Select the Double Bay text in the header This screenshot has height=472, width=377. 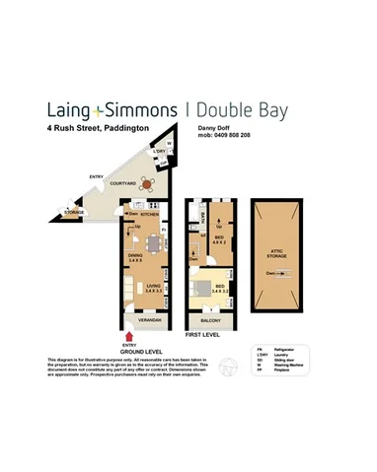[x=241, y=109]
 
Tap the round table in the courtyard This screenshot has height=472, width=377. [x=146, y=183]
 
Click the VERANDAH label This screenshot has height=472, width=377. [x=149, y=320]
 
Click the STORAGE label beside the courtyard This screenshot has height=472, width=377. [x=75, y=212]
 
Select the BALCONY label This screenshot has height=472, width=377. [x=210, y=321]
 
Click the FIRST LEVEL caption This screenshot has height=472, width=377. [x=203, y=335]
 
